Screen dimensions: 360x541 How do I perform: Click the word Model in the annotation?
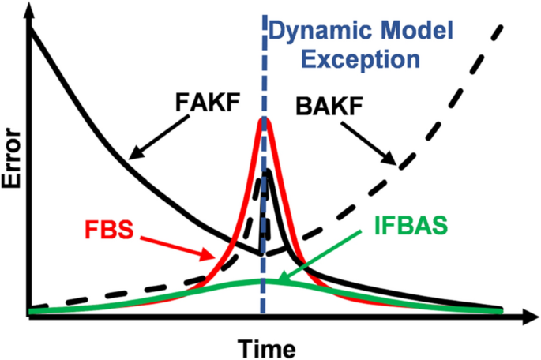pyautogui.click(x=423, y=32)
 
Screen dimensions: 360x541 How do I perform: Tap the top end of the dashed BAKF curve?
pyautogui.click(x=503, y=26)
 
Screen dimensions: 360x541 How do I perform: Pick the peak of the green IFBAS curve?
pyautogui.click(x=264, y=280)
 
